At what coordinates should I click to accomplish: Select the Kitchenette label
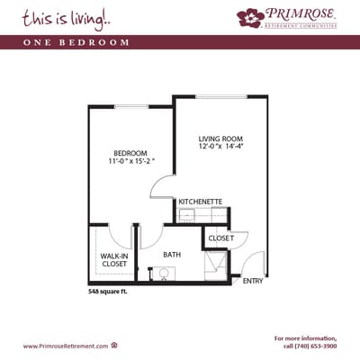pyautogui.click(x=201, y=202)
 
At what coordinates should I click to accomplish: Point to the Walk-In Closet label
pyautogui.click(x=112, y=259)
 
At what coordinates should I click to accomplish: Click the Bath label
pyautogui.click(x=171, y=255)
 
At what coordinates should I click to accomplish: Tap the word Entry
pyautogui.click(x=253, y=282)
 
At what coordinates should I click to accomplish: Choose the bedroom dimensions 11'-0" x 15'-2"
pyautogui.click(x=130, y=161)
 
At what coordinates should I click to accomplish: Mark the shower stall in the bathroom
pyautogui.click(x=216, y=265)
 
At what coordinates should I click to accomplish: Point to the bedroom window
pyautogui.click(x=130, y=107)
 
